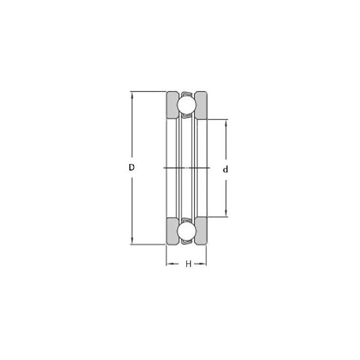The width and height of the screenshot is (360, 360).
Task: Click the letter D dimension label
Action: [131, 167]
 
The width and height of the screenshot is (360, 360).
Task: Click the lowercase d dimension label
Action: [225, 169]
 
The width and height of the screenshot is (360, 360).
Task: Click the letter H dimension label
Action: [188, 264]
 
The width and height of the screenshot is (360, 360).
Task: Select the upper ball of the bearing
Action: [186, 104]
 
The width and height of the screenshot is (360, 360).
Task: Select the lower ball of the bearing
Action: [186, 231]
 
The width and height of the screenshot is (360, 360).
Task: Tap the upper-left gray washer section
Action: [171, 105]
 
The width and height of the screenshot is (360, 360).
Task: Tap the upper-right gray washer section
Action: [201, 105]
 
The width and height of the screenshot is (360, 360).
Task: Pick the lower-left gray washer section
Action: [171, 231]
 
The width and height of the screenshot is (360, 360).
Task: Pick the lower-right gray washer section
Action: [201, 231]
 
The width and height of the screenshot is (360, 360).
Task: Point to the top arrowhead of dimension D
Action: [132, 94]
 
